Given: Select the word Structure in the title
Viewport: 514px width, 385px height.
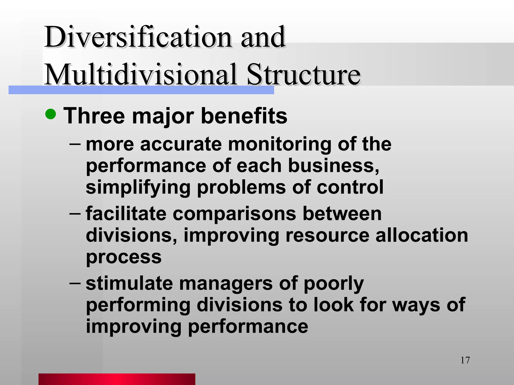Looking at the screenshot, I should (304, 75).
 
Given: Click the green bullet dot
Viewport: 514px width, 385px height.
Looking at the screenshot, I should (51, 114).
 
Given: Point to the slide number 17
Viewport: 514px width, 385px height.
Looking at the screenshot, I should (465, 360).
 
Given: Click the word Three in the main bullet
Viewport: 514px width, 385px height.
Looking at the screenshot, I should (94, 116).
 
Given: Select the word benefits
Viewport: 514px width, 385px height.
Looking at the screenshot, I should (244, 116).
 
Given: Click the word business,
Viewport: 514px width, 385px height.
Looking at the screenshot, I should (334, 166).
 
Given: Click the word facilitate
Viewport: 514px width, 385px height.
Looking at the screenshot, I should (126, 214).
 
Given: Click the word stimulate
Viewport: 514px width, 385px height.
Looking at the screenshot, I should (129, 283).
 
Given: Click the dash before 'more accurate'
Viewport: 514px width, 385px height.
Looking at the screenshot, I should (75, 144).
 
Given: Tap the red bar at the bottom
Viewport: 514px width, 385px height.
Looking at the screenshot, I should (117, 379).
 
